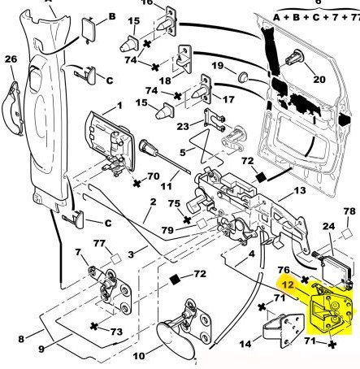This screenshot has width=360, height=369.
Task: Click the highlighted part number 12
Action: click(x=288, y=284)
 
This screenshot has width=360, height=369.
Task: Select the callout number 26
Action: click(x=11, y=59)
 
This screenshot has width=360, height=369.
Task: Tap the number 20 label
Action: click(x=319, y=79)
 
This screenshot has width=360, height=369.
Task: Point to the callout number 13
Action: click(x=300, y=191)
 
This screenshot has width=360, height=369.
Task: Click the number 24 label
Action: click(x=328, y=226)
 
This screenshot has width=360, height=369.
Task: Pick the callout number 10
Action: click(x=139, y=356)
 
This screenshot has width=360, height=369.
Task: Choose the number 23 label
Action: click(x=183, y=126)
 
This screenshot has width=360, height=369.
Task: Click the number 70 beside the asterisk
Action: click(x=154, y=176)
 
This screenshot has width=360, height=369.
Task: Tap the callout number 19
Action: click(x=218, y=66)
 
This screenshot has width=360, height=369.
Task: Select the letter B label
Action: click(x=112, y=16)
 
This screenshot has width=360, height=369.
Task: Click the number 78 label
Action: click(x=349, y=211)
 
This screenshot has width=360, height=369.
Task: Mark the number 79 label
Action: click(x=167, y=230)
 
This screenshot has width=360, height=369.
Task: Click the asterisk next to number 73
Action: click(x=93, y=326)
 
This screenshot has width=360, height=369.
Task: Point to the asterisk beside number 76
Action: click(x=305, y=280)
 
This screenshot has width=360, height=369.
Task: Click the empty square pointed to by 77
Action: click(x=116, y=259)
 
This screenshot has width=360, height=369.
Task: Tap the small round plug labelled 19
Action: click(x=242, y=77)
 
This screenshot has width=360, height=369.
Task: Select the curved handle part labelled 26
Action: click(x=12, y=108)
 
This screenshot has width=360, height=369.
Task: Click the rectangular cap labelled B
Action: click(x=89, y=29)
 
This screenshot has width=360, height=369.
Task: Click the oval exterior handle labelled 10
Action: click(x=176, y=338)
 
